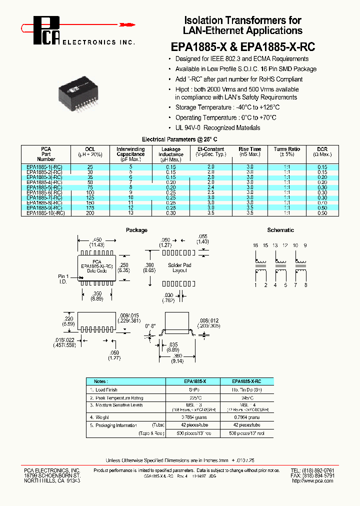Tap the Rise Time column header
pos(249,151)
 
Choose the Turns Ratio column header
pos(287,151)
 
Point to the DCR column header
pos(322,151)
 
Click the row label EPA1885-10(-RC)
pos(45,213)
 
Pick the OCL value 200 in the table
pos(90,213)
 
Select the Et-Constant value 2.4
pos(210,186)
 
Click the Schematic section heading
pos(280,230)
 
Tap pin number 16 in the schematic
pos(255,245)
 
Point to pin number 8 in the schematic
pos(305,285)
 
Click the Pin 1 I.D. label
pos(64,278)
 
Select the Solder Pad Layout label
pos(179,267)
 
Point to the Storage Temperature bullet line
pos(227,107)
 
